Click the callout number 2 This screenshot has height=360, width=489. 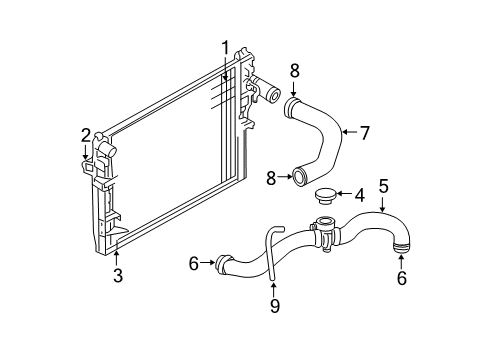click(86, 134)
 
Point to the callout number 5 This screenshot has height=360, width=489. click(383, 185)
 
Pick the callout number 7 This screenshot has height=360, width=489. click(364, 132)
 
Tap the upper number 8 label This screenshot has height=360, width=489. click(293, 69)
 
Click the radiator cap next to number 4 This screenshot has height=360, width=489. click(326, 195)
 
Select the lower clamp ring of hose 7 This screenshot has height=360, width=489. click(298, 178)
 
